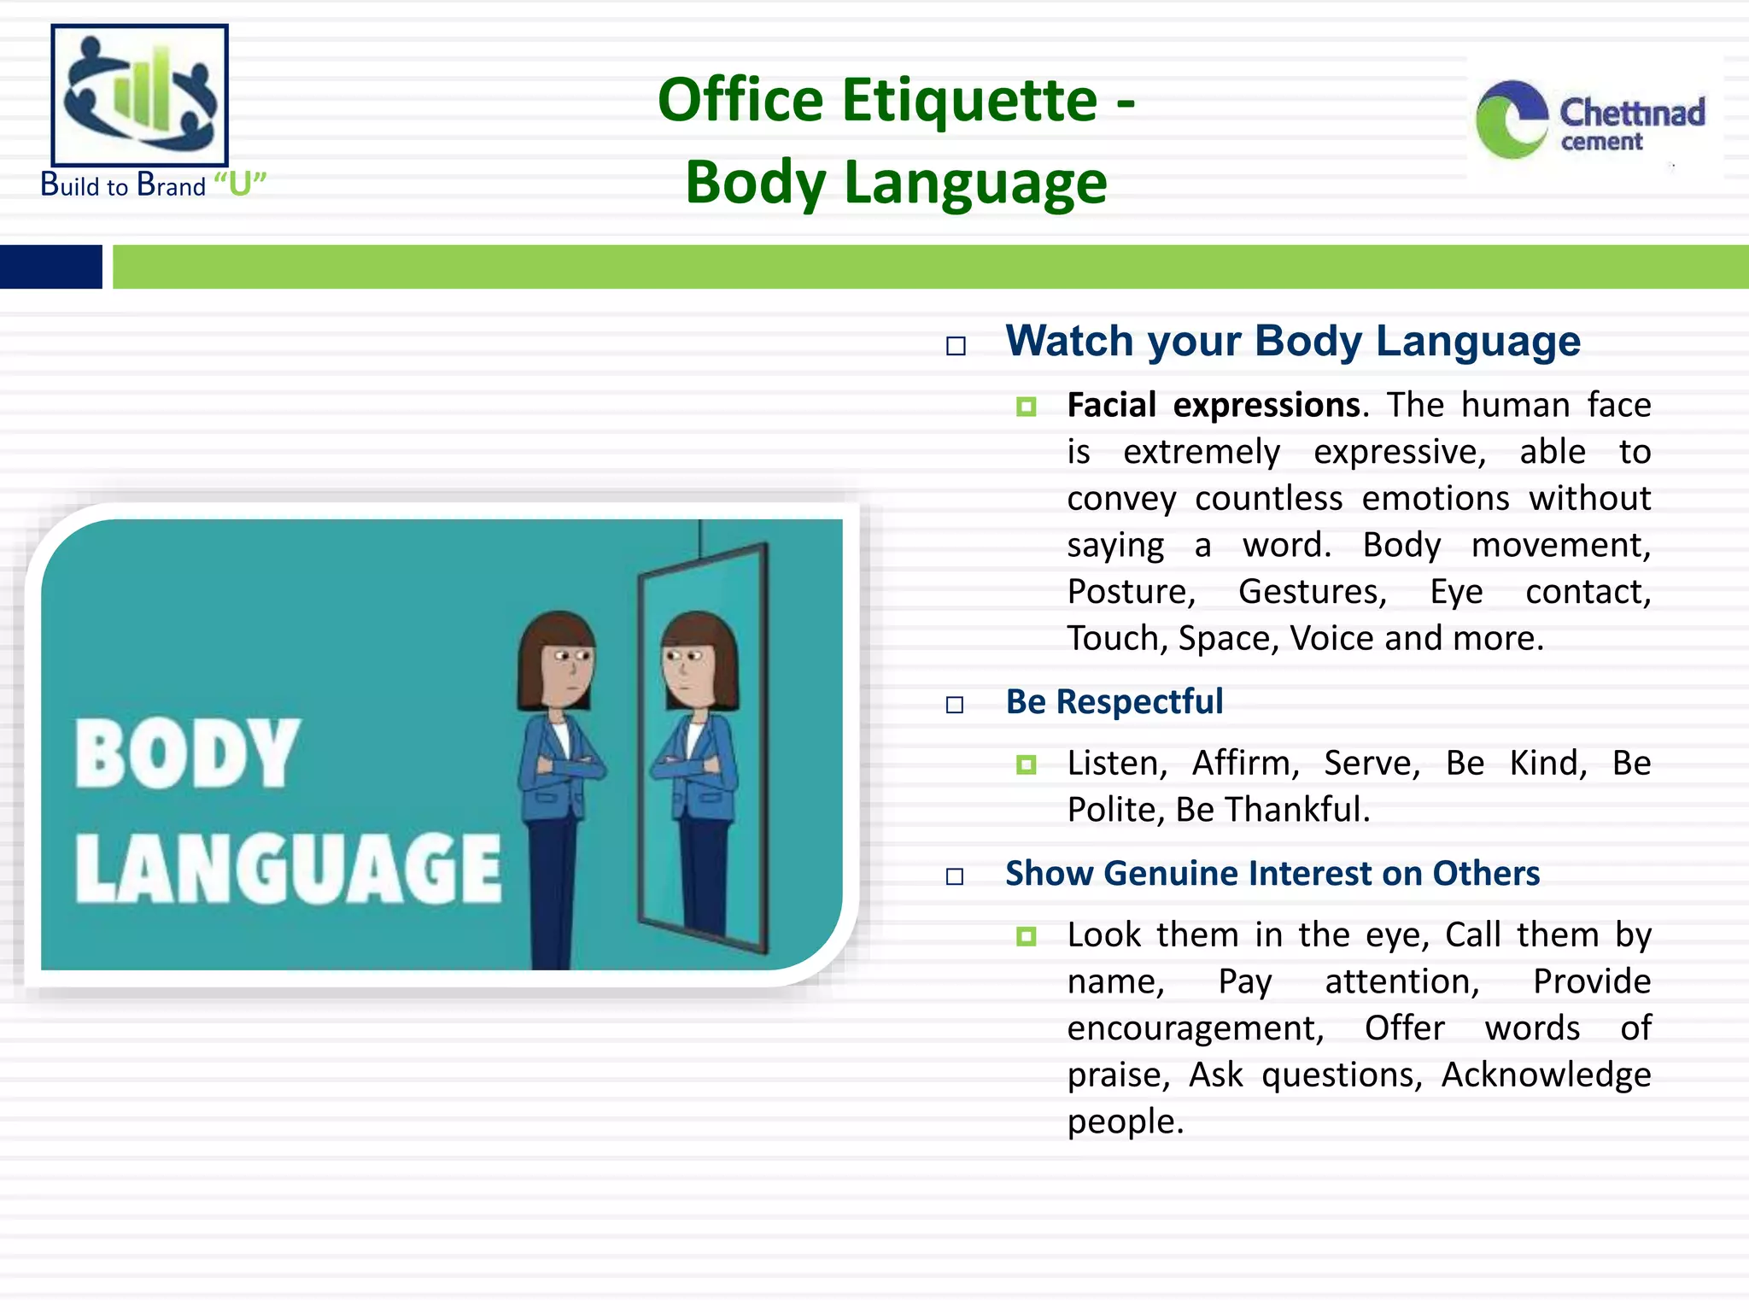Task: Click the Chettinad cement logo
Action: (1590, 120)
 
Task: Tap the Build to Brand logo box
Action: (140, 95)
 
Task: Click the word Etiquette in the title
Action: (969, 100)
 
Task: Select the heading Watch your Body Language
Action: (1293, 341)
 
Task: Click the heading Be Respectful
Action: (1114, 702)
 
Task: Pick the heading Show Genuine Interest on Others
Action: (1272, 874)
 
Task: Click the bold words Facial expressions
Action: (1213, 405)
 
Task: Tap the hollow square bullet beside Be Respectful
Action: (955, 705)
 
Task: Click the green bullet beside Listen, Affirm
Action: (1027, 764)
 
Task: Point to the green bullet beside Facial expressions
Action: (1027, 407)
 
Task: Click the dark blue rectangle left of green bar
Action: (51, 266)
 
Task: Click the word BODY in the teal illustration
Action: (188, 753)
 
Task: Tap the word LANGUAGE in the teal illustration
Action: (288, 868)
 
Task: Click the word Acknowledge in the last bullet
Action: (1546, 1075)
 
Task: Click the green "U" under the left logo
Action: (240, 184)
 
